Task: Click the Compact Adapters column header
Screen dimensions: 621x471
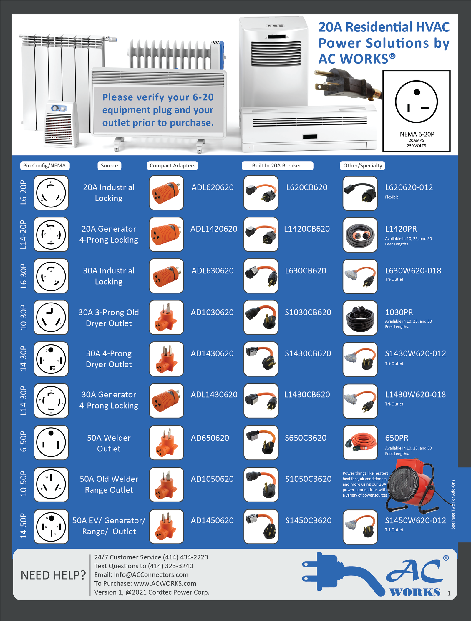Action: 172,166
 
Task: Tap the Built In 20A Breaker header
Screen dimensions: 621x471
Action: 277,166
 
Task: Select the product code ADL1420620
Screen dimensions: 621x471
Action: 214,229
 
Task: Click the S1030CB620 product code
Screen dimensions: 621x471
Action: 308,312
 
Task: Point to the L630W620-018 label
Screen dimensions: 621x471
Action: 413,271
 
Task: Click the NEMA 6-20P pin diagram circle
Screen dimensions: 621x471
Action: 416,102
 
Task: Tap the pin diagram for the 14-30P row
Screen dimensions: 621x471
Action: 51,359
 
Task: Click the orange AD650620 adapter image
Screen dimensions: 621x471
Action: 166,443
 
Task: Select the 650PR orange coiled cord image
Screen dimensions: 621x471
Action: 360,443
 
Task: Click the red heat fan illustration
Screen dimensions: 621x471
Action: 412,486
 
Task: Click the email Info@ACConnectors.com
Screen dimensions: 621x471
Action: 151,574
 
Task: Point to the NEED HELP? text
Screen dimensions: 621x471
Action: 53,575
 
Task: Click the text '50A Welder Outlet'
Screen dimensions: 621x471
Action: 109,443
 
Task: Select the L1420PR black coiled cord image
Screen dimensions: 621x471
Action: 360,235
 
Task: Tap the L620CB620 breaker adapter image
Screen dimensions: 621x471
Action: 261,193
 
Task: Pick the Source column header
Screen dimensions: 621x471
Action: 109,166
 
